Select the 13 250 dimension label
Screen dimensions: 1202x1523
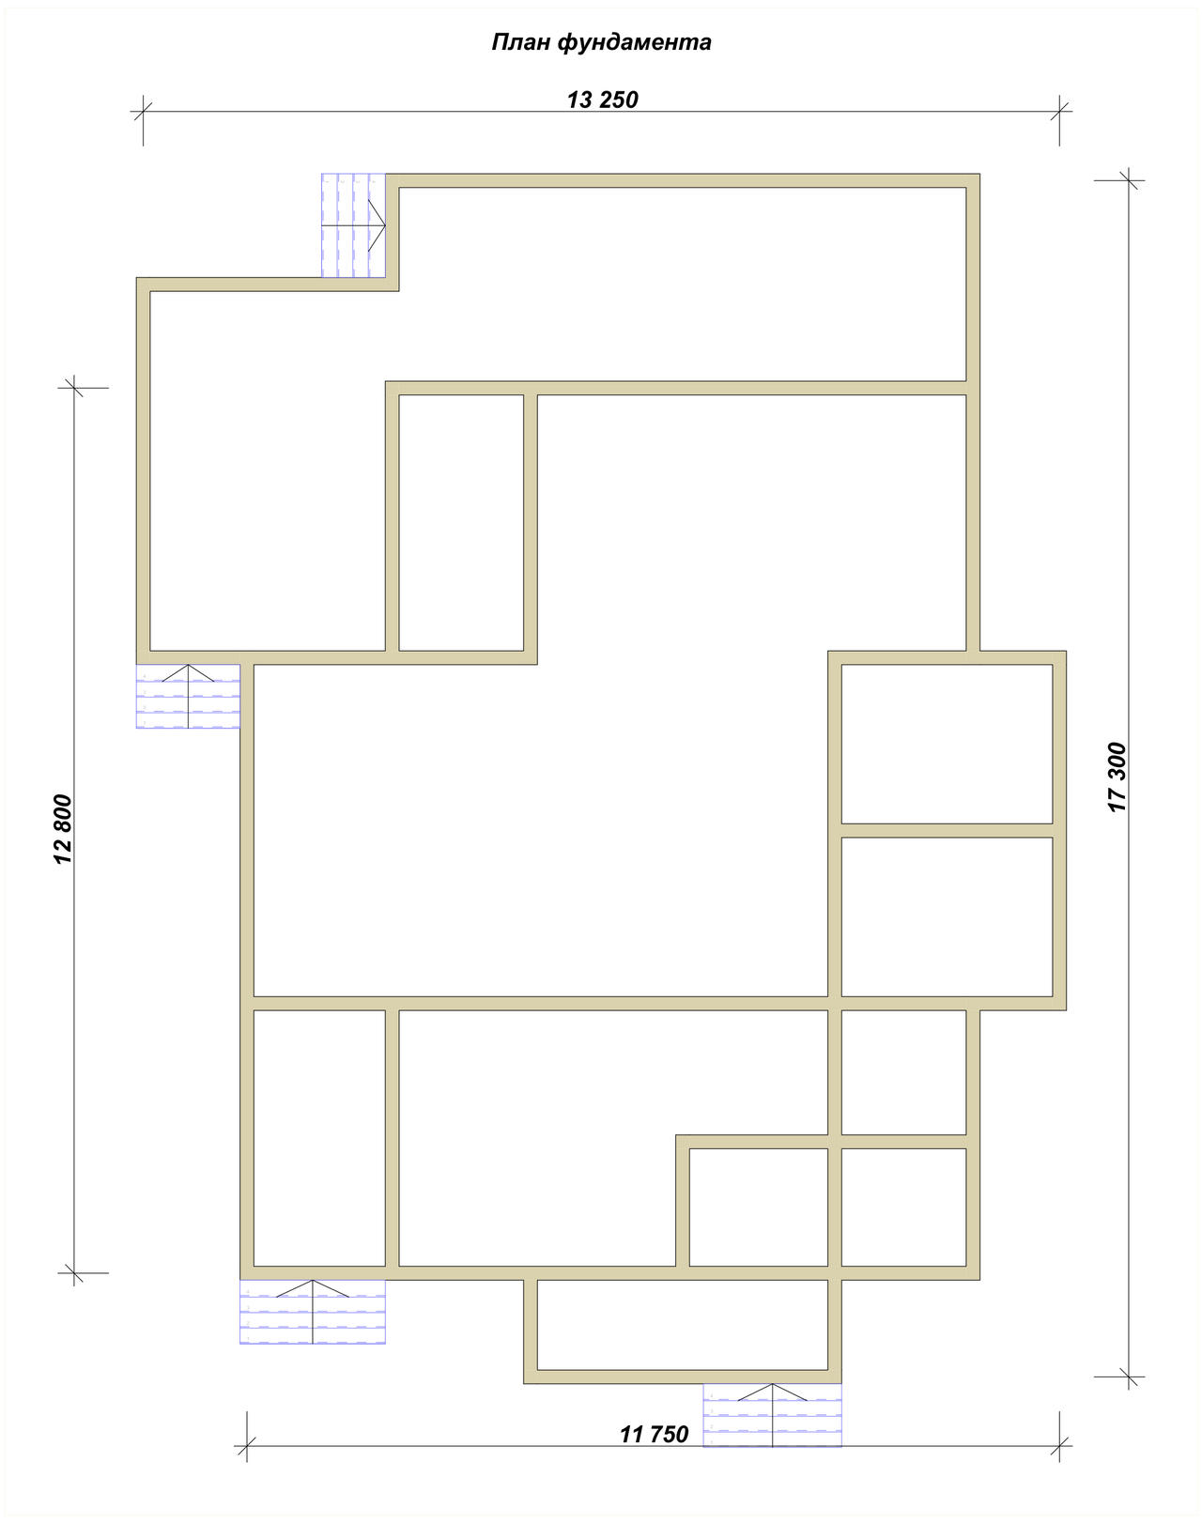(603, 100)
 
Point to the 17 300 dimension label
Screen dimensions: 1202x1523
(1117, 777)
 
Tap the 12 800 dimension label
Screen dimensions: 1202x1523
(63, 829)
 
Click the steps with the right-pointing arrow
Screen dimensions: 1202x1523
(353, 225)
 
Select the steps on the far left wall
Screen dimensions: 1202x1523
(189, 697)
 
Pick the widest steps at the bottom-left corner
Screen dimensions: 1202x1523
(313, 1312)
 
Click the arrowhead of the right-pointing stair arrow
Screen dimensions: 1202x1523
(384, 225)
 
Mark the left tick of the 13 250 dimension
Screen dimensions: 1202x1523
(143, 111)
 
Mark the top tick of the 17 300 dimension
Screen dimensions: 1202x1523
(1129, 180)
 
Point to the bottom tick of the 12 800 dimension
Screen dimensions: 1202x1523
(74, 1273)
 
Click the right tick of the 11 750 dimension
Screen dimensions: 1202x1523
(1059, 1446)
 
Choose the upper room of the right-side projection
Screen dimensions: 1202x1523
(948, 744)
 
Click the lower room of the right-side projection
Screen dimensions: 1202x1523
(948, 916)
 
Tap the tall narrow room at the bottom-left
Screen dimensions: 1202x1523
(319, 1138)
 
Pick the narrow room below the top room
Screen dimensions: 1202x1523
(461, 522)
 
